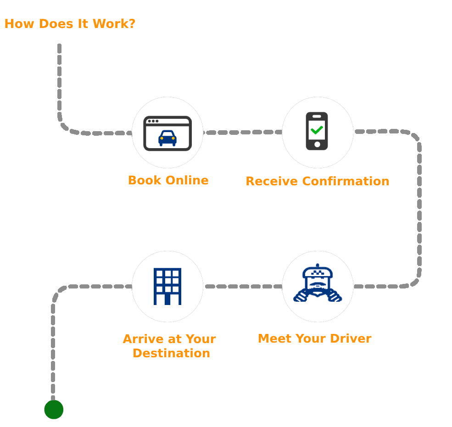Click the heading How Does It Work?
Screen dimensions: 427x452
tap(70, 24)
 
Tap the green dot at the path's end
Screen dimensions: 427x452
tap(54, 410)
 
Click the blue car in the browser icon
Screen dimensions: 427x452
tap(167, 138)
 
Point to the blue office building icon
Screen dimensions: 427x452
tap(167, 286)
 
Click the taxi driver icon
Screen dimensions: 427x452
tap(318, 284)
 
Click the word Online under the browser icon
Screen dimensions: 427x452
tap(187, 180)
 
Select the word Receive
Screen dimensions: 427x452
tap(272, 181)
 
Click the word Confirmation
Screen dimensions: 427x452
tap(346, 181)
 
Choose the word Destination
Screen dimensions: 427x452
tap(171, 353)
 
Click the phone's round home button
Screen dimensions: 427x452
tap(317, 145)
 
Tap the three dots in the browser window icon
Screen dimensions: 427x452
tap(153, 121)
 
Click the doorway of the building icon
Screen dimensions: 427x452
tap(167, 299)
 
